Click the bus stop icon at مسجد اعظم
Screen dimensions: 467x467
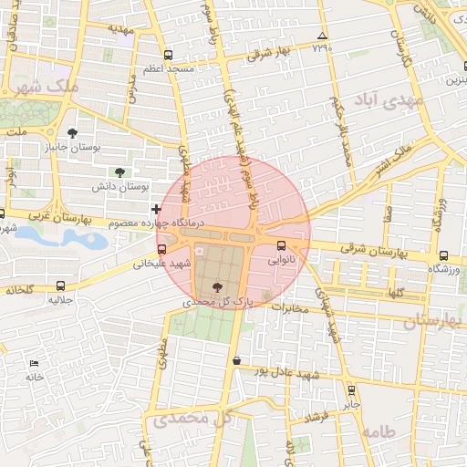(x=167, y=55)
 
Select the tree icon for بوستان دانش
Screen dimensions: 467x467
(x=119, y=171)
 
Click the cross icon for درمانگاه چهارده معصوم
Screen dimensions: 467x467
(x=155, y=209)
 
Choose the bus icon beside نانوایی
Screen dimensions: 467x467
(x=281, y=244)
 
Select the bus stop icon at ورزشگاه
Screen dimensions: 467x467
(x=443, y=255)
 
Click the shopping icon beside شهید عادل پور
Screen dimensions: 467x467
(x=237, y=361)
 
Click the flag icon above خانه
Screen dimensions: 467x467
(x=34, y=363)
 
